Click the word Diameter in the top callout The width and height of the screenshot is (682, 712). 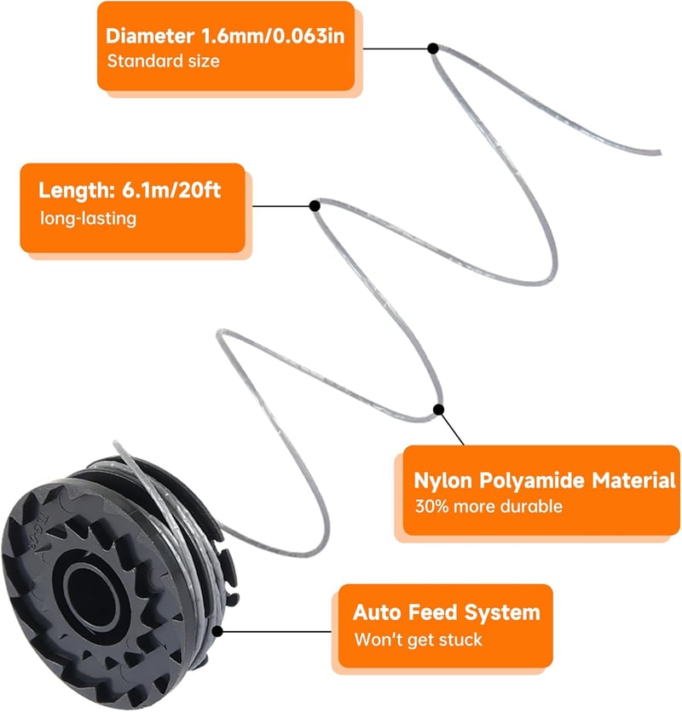click(150, 36)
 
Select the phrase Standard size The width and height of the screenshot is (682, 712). click(163, 60)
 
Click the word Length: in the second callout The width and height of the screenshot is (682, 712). click(77, 190)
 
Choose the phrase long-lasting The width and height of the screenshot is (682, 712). click(88, 218)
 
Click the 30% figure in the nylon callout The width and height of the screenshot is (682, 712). click(431, 506)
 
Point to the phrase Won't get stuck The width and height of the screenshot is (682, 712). click(418, 640)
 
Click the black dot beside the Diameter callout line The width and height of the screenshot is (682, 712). click(433, 49)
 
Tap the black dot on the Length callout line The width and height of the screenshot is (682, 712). click(315, 206)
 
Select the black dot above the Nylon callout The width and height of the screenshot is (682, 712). click(438, 410)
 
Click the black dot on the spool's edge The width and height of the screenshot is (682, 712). click(217, 631)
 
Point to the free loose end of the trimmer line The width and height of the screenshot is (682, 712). click(658, 152)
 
